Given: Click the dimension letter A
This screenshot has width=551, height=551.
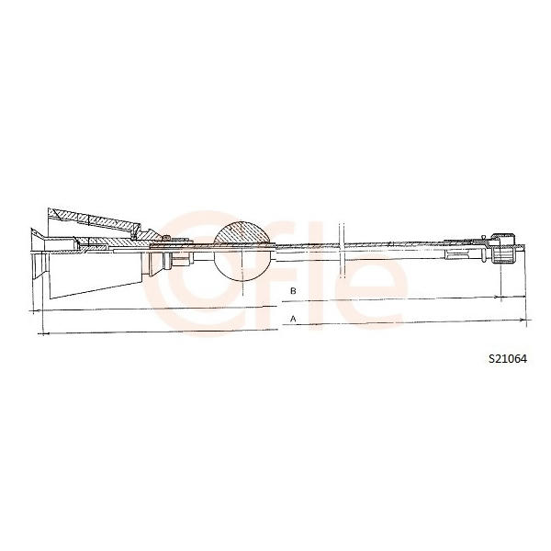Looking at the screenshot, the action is coord(293,319).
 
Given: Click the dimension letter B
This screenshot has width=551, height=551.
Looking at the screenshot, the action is coord(293,291).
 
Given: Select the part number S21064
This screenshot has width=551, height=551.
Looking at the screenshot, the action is coord(508,359).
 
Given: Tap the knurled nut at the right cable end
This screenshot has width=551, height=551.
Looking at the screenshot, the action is coord(503,248).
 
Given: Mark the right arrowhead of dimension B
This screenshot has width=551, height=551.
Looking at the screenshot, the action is coord(499,298).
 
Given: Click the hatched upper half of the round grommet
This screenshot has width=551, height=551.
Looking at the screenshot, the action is coord(242,233).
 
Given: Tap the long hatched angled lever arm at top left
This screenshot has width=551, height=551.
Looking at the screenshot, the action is coord(95,220).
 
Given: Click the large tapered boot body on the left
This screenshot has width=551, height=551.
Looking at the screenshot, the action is coord(96,275).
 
